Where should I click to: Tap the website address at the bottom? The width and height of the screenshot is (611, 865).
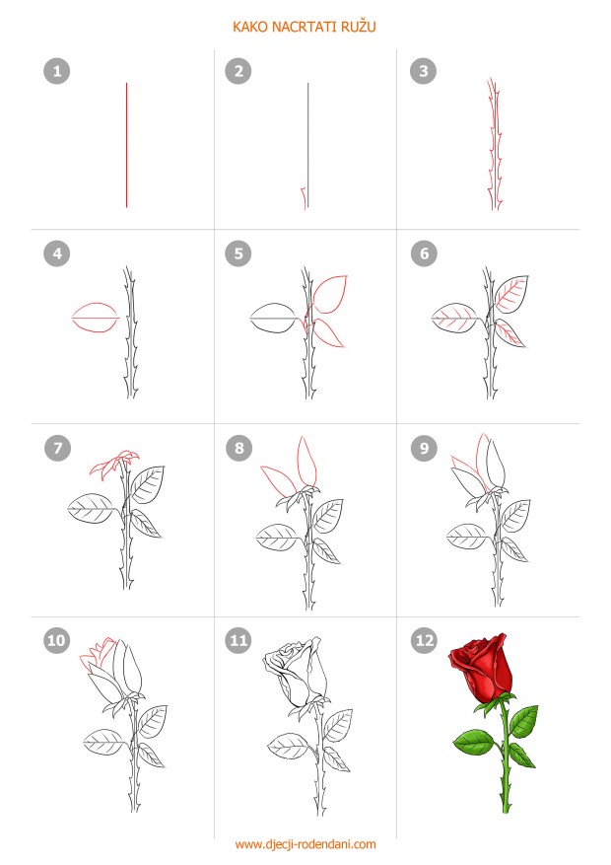pyautogui.click(x=305, y=844)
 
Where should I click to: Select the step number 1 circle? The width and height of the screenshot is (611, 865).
pyautogui.click(x=57, y=71)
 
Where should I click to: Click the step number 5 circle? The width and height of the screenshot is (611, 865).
pyautogui.click(x=238, y=253)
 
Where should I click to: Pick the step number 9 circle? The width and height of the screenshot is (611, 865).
pyautogui.click(x=424, y=448)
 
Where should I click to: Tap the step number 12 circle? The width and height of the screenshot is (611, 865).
pyautogui.click(x=424, y=640)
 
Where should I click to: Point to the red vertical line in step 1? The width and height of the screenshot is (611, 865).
pyautogui.click(x=127, y=145)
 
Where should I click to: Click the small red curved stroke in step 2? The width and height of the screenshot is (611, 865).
pyautogui.click(x=303, y=198)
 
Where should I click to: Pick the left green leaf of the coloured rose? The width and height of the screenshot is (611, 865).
pyautogui.click(x=474, y=742)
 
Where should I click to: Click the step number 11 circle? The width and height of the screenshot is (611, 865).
pyautogui.click(x=238, y=640)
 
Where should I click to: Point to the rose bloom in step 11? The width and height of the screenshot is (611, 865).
pyautogui.click(x=293, y=672)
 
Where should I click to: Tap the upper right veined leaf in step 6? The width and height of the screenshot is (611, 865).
pyautogui.click(x=511, y=294)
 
